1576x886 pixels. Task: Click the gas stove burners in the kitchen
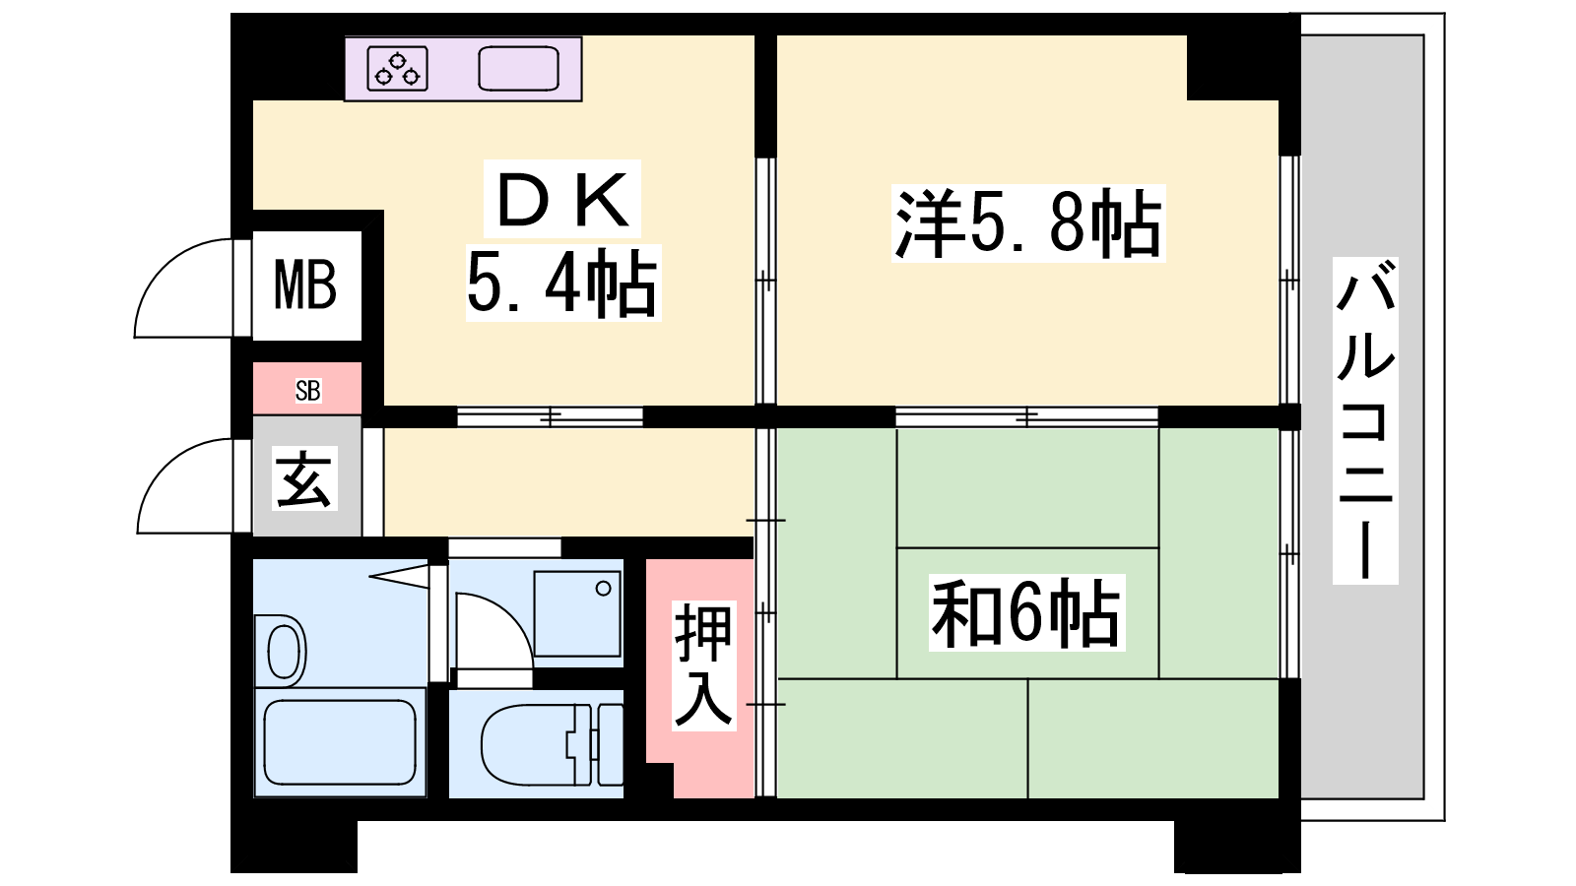click(x=398, y=68)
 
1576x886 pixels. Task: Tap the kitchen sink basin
click(x=518, y=68)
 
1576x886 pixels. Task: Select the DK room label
click(x=562, y=199)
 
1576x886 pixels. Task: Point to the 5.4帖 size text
click(x=562, y=284)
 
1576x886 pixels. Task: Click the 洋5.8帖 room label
click(x=1028, y=222)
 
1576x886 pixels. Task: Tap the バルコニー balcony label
click(x=1365, y=419)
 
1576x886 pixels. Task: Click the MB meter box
click(x=306, y=285)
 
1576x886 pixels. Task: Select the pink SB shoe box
click(x=306, y=388)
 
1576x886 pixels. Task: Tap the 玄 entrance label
click(x=304, y=478)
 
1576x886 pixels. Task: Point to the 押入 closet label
click(x=703, y=665)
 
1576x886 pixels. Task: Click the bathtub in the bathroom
click(x=340, y=742)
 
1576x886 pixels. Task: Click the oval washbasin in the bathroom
click(x=287, y=652)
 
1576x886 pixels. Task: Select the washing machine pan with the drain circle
click(x=577, y=613)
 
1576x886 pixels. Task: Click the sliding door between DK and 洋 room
click(x=765, y=281)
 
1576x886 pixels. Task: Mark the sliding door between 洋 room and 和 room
click(x=1026, y=417)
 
